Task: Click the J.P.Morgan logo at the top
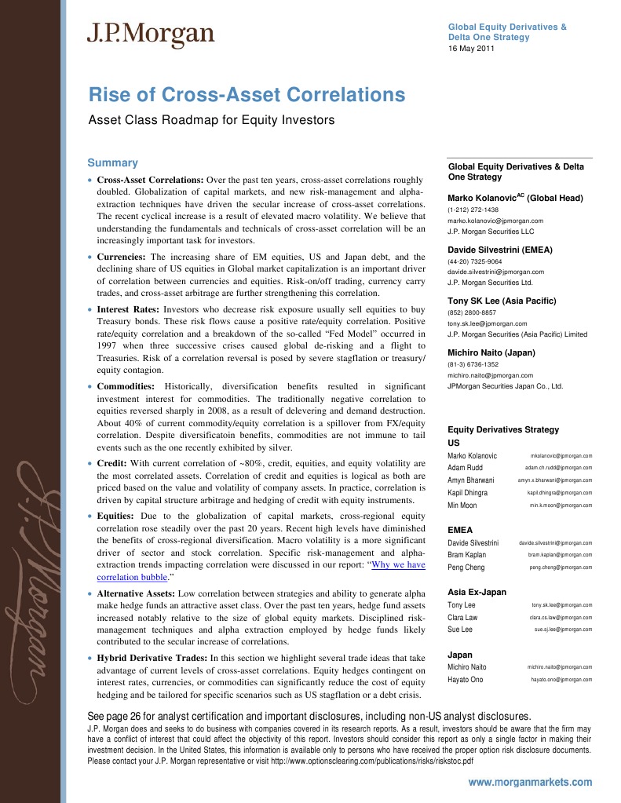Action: point(150,34)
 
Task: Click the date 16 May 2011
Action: point(471,49)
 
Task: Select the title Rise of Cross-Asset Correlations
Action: point(247,96)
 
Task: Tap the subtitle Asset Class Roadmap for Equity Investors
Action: point(210,121)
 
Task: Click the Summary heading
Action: point(112,163)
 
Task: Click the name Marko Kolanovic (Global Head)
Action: point(515,199)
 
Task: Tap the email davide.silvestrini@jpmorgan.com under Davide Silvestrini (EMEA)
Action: point(495,272)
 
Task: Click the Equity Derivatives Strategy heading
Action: point(502,429)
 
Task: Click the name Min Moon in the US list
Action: point(462,506)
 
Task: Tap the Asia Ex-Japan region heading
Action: point(477,592)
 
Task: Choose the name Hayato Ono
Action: point(466,679)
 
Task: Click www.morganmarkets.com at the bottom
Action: point(530,783)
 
